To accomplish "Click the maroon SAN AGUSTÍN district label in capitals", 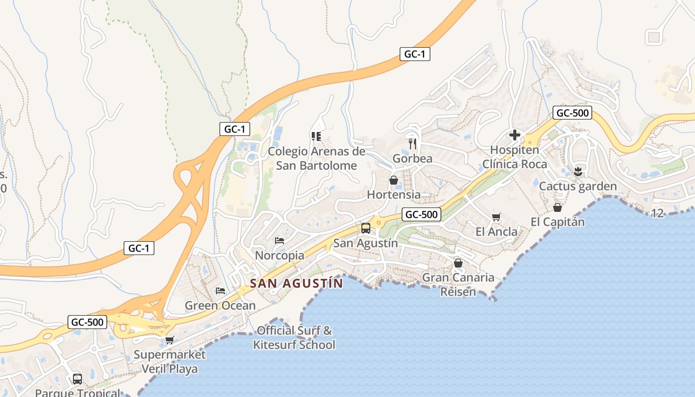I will coord(296,283).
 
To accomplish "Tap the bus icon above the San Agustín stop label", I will coord(366,228).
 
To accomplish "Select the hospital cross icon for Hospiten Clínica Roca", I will coord(515,135).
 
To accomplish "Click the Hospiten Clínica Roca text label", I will coord(515,157).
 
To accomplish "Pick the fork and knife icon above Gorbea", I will coord(413,144).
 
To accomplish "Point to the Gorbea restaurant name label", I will coord(412,159).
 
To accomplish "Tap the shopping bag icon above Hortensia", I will coord(394,180).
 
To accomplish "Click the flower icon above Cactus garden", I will coord(578,172).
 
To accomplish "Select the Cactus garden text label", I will coord(578,187).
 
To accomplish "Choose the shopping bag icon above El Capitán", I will coord(557,207).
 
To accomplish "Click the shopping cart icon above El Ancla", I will coord(496,217).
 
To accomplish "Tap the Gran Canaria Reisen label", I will coord(458,284).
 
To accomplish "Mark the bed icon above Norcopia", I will coord(279,241).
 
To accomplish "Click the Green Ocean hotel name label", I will coord(220,306).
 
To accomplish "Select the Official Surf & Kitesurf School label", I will coord(294,337).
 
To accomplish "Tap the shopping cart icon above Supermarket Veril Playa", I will coord(169,340).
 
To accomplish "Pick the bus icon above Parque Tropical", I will coord(77,379).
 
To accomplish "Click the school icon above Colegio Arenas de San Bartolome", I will coord(316,136).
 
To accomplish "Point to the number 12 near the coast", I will coord(657,213).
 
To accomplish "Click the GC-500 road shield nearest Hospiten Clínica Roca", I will coord(572,113).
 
